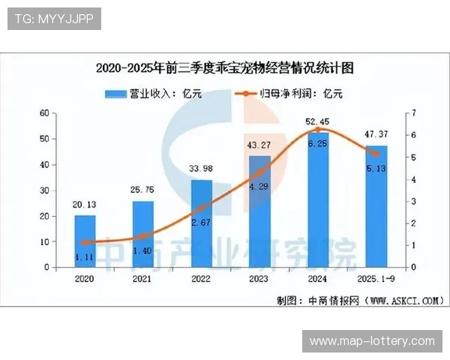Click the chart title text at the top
coord(224,67)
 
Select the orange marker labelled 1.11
coord(85,243)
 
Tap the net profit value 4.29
coord(259,186)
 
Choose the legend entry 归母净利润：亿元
coord(289,94)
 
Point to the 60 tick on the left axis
coord(44,113)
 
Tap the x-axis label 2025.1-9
coord(376,277)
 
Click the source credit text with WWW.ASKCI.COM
coord(359,300)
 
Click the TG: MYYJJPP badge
coord(53,19)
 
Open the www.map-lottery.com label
coord(372,341)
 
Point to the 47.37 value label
coord(376,135)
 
